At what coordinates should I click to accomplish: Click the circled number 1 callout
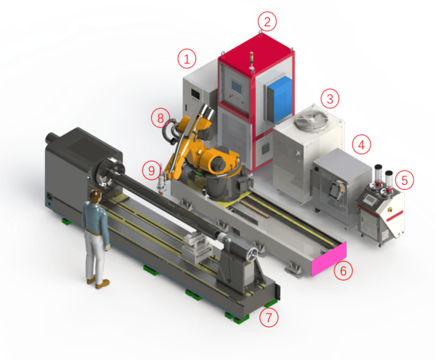point(187,59)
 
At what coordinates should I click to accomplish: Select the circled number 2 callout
point(267,22)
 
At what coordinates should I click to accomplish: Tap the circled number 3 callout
point(330,98)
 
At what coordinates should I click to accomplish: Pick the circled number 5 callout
point(404,180)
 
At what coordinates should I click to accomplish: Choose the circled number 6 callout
point(343,271)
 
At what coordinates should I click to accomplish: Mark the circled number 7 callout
point(269,318)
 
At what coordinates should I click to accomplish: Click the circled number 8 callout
point(160,118)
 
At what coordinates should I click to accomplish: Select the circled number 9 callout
point(151,171)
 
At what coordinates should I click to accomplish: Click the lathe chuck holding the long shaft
point(105,171)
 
